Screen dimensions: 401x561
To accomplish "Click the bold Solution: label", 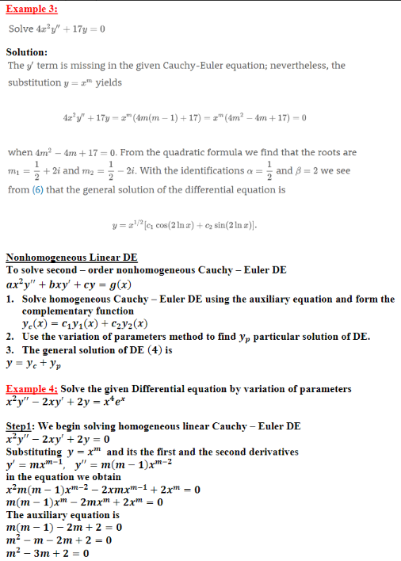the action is click(x=28, y=52).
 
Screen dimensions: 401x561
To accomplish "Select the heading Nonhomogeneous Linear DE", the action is click(x=71, y=258).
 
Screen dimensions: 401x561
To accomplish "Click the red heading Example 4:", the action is click(x=31, y=389).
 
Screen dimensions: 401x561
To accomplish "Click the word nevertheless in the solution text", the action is click(x=298, y=66).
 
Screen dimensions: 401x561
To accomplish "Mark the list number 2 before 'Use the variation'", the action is click(x=9, y=337).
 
